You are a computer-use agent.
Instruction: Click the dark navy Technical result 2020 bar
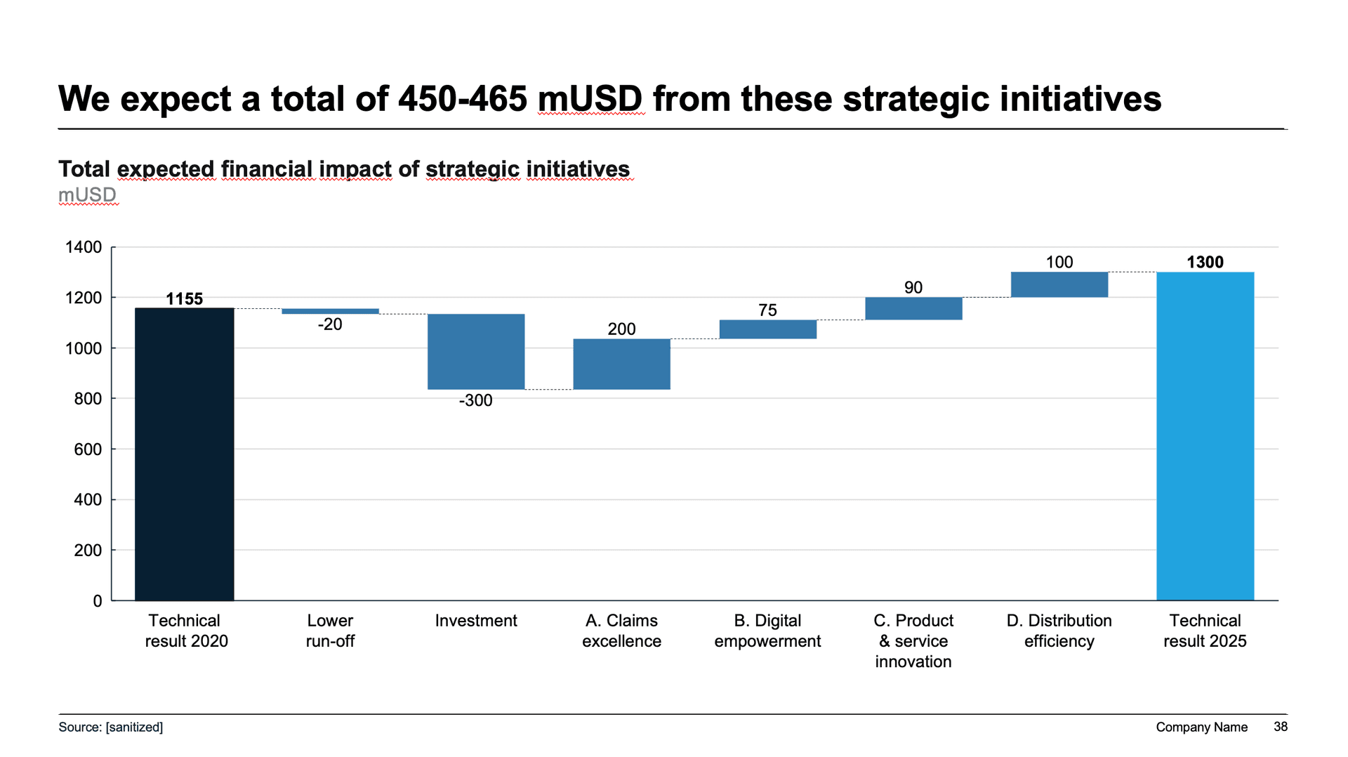(x=184, y=454)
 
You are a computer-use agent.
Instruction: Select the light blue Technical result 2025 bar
(x=1205, y=435)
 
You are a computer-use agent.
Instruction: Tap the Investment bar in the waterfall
(x=476, y=351)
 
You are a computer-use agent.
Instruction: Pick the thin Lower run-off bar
(x=330, y=311)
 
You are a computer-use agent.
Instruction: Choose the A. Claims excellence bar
(x=621, y=364)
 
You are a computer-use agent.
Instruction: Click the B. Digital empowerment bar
(x=767, y=329)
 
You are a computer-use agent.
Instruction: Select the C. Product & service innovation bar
(x=913, y=308)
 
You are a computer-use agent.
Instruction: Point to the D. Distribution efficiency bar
(x=1059, y=284)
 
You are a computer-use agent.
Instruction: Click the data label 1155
(x=184, y=298)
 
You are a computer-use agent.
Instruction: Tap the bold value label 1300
(x=1205, y=262)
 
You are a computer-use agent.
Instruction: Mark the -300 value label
(x=475, y=400)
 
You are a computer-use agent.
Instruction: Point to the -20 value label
(x=330, y=324)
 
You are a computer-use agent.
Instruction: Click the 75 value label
(x=767, y=310)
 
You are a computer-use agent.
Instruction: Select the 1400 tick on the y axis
(x=84, y=247)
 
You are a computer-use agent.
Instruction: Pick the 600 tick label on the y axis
(x=88, y=449)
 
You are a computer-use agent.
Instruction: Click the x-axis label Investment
(x=475, y=621)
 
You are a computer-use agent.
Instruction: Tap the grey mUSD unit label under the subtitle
(x=87, y=195)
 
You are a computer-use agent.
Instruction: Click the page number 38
(x=1281, y=727)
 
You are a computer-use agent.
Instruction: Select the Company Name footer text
(x=1201, y=727)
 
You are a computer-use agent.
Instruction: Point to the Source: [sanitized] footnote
(x=110, y=727)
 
